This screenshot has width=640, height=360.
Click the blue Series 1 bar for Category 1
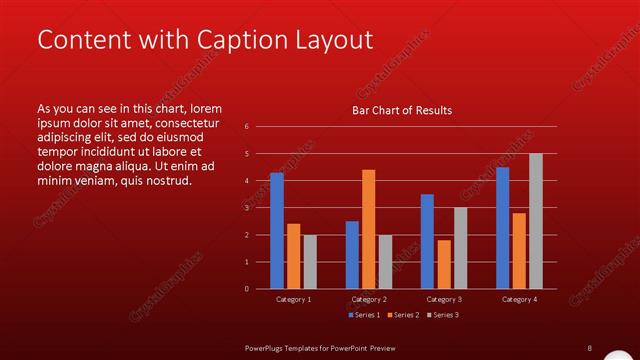tap(276, 231)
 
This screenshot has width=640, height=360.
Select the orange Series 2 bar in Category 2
tap(368, 229)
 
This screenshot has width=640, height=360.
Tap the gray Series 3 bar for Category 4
tap(535, 221)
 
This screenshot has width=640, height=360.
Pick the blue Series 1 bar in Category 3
tap(427, 241)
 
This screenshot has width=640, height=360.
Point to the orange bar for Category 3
tap(443, 264)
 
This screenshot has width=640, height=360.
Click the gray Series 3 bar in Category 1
tap(309, 262)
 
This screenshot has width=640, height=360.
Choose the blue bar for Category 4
tap(502, 228)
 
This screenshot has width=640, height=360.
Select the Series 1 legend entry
tap(363, 315)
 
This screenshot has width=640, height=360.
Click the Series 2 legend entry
tap(402, 315)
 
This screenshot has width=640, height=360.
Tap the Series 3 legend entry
tap(442, 315)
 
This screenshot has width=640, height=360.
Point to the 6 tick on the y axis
tap(246, 127)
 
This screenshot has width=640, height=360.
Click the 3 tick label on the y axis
tap(246, 208)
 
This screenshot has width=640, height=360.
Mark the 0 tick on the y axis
tap(246, 289)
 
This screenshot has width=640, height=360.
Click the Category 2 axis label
tap(368, 299)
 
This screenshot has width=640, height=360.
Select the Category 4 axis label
tap(519, 299)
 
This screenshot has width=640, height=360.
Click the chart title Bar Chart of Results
tap(402, 110)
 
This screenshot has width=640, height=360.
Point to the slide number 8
tap(589, 347)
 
